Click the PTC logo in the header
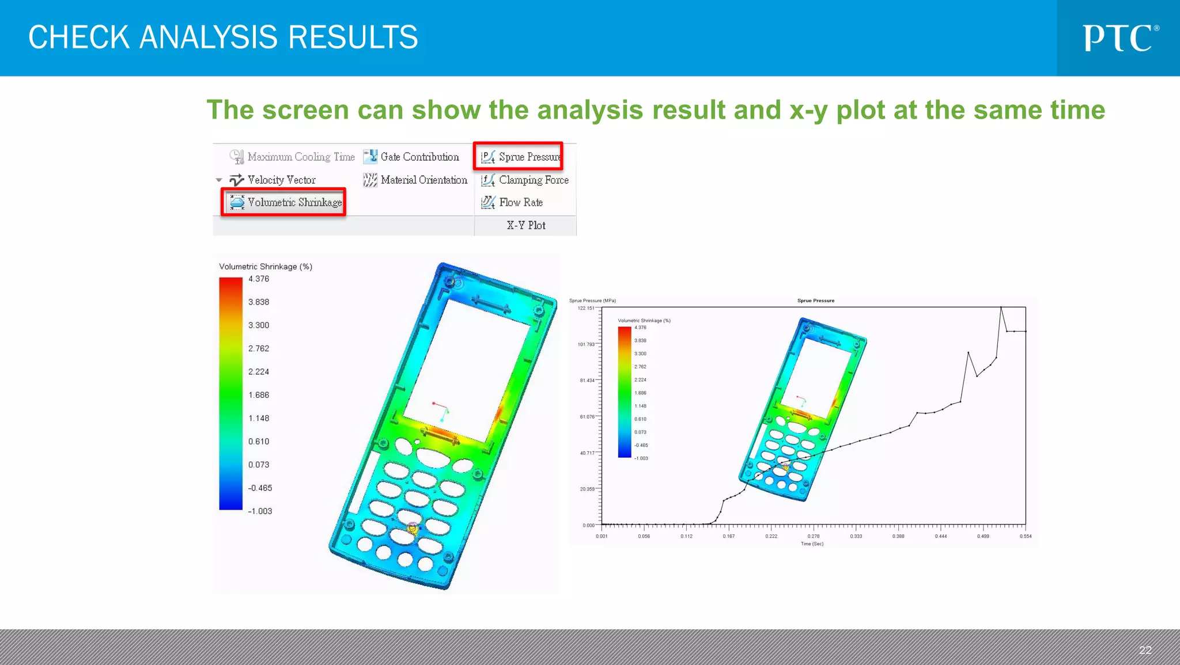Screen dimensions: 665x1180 click(1120, 38)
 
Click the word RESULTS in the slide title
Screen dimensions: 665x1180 click(353, 37)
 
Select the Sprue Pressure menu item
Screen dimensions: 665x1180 click(521, 157)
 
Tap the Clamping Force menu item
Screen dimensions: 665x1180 click(525, 180)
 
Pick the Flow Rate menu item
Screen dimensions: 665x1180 click(513, 202)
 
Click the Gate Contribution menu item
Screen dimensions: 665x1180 click(411, 157)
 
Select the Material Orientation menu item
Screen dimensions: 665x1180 click(415, 180)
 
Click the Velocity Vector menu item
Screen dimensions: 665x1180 click(273, 180)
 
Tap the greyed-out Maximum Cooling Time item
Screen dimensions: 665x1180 click(293, 157)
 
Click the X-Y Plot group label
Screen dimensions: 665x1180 click(525, 225)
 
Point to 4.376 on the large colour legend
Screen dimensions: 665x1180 click(259, 279)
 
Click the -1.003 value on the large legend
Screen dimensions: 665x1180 click(260, 511)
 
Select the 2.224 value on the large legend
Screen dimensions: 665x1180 click(259, 372)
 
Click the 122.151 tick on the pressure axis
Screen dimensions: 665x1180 click(586, 308)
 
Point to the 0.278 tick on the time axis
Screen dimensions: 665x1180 click(813, 536)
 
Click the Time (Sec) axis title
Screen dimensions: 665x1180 click(812, 544)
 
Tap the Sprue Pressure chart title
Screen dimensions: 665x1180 click(815, 301)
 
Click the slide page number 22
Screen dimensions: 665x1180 click(1145, 650)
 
